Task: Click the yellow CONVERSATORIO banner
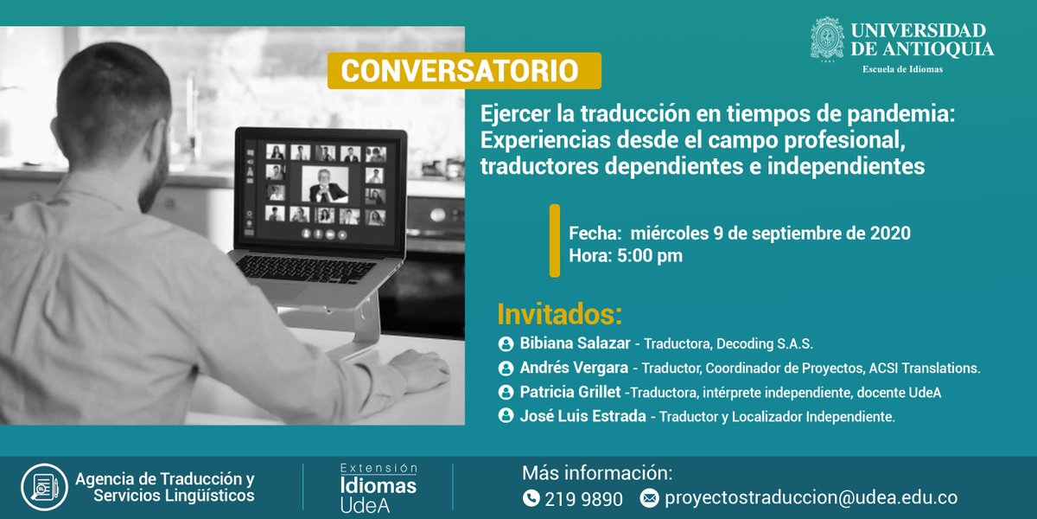(x=464, y=71)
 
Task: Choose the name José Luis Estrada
(x=582, y=416)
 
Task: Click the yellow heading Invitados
(x=560, y=313)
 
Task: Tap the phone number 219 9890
(x=584, y=498)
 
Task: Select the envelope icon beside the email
(x=650, y=498)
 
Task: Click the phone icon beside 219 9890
(x=531, y=498)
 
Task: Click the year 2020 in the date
(x=890, y=234)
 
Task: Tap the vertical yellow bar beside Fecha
(x=555, y=241)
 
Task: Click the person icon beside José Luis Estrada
(x=506, y=416)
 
